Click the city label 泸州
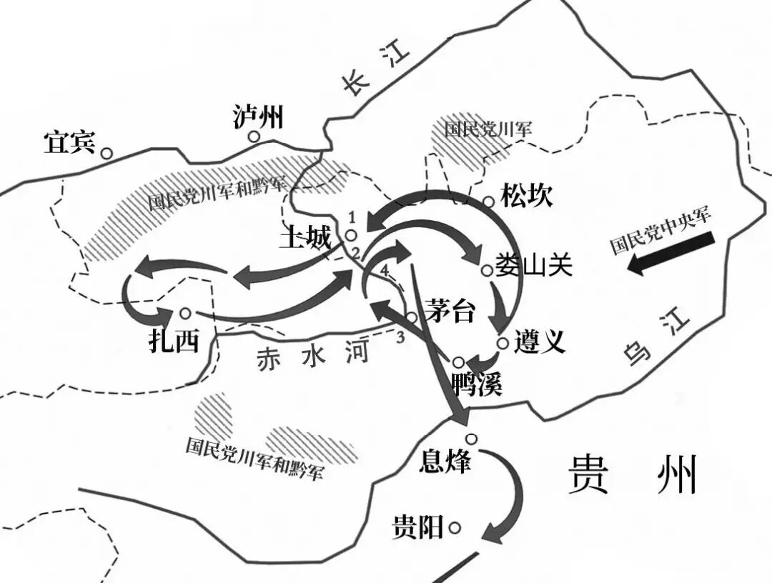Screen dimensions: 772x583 (x=258, y=116)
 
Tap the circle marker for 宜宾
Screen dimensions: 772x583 (x=107, y=152)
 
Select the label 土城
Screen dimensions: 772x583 (x=306, y=236)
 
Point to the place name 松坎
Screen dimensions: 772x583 (x=527, y=196)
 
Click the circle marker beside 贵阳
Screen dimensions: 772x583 (x=455, y=529)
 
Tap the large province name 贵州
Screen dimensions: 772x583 (x=632, y=474)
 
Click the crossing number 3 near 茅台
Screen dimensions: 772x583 (x=400, y=337)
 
